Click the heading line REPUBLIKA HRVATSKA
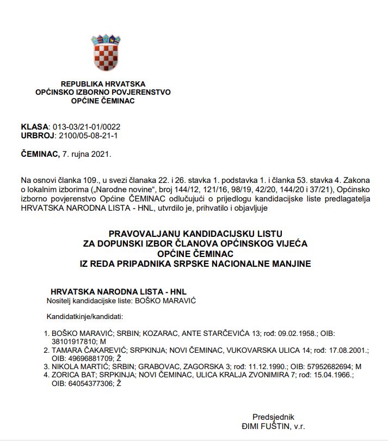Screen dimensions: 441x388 click(103, 84)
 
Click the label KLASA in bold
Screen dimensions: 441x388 click(35, 126)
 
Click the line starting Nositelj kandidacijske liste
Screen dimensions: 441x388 click(121, 301)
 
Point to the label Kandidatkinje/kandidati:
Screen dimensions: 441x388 click(85, 316)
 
